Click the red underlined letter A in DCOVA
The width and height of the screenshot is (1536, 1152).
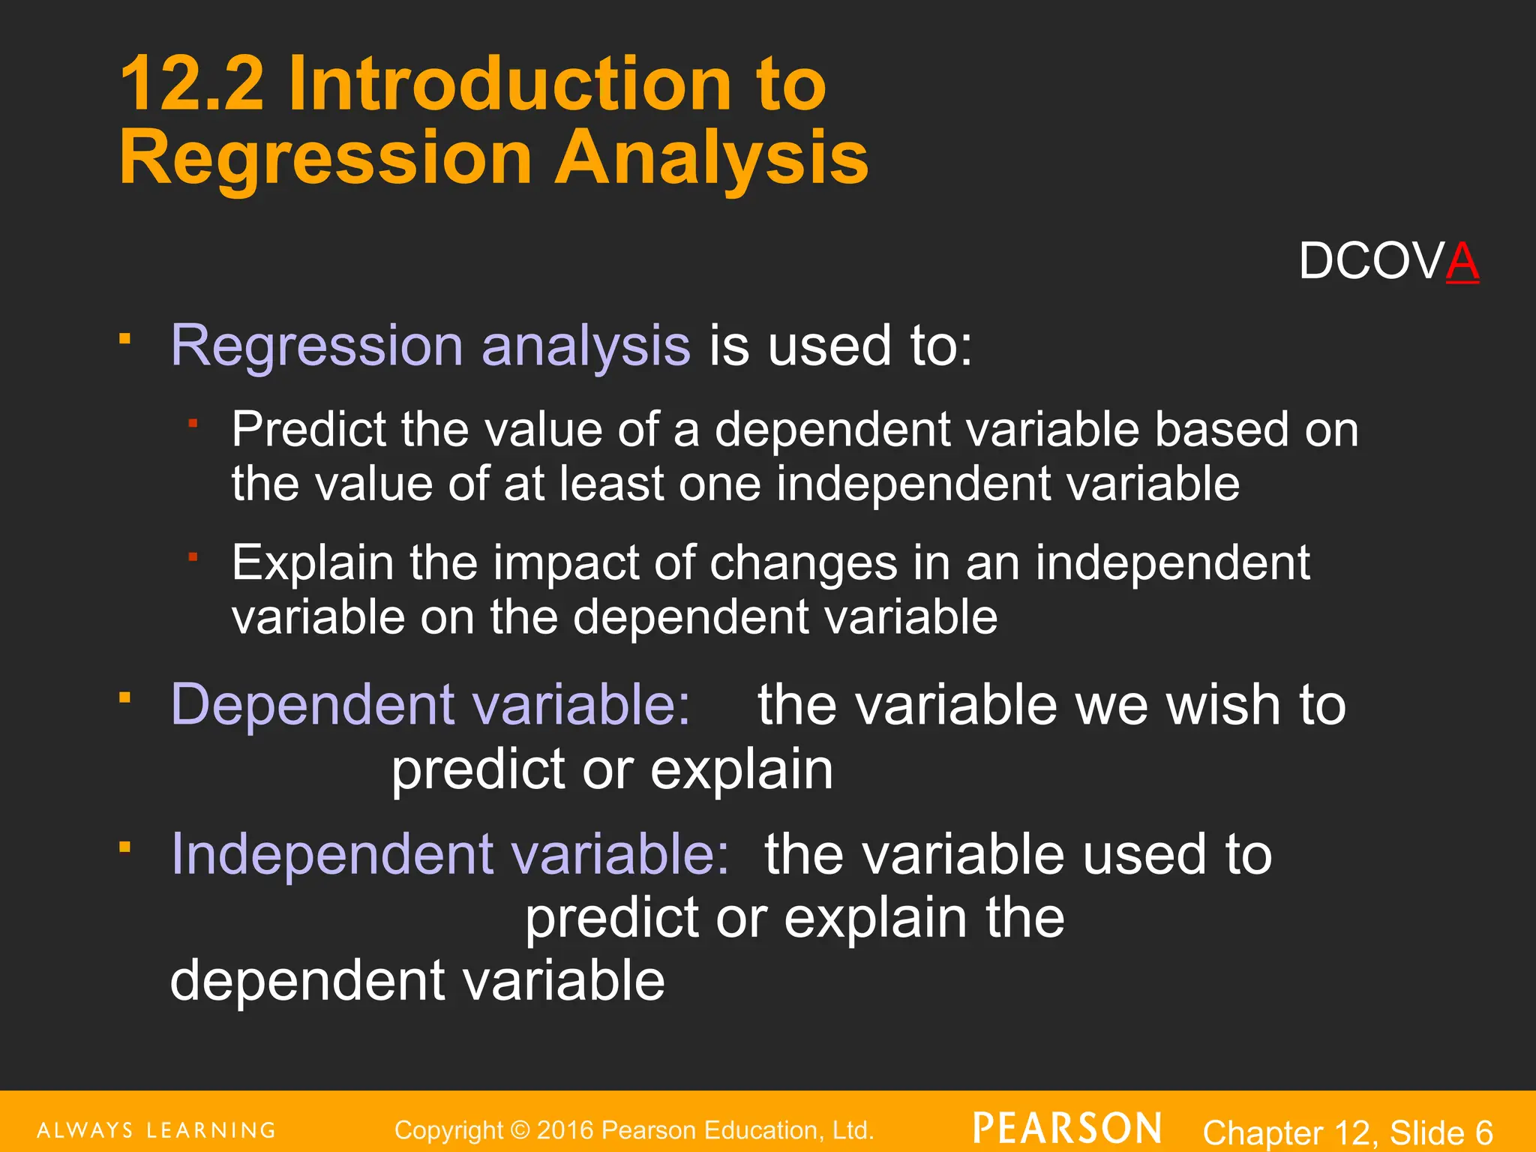coord(1462,262)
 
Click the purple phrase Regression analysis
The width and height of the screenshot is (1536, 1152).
coord(430,346)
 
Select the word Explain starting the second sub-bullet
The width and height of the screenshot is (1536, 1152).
coord(312,562)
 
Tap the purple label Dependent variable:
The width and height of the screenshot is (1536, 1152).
coord(430,705)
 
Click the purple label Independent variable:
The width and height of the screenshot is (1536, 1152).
coord(450,854)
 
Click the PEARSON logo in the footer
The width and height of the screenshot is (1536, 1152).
coord(1068,1129)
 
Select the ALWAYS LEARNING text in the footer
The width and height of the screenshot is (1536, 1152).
coord(156,1130)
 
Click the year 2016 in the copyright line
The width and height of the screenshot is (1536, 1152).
coord(565,1130)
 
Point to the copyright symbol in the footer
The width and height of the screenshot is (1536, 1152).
coord(519,1130)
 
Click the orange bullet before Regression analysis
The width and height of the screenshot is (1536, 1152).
coord(124,339)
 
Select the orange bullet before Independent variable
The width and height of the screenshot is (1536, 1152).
coord(124,848)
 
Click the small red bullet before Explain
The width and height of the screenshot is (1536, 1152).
coord(193,556)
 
